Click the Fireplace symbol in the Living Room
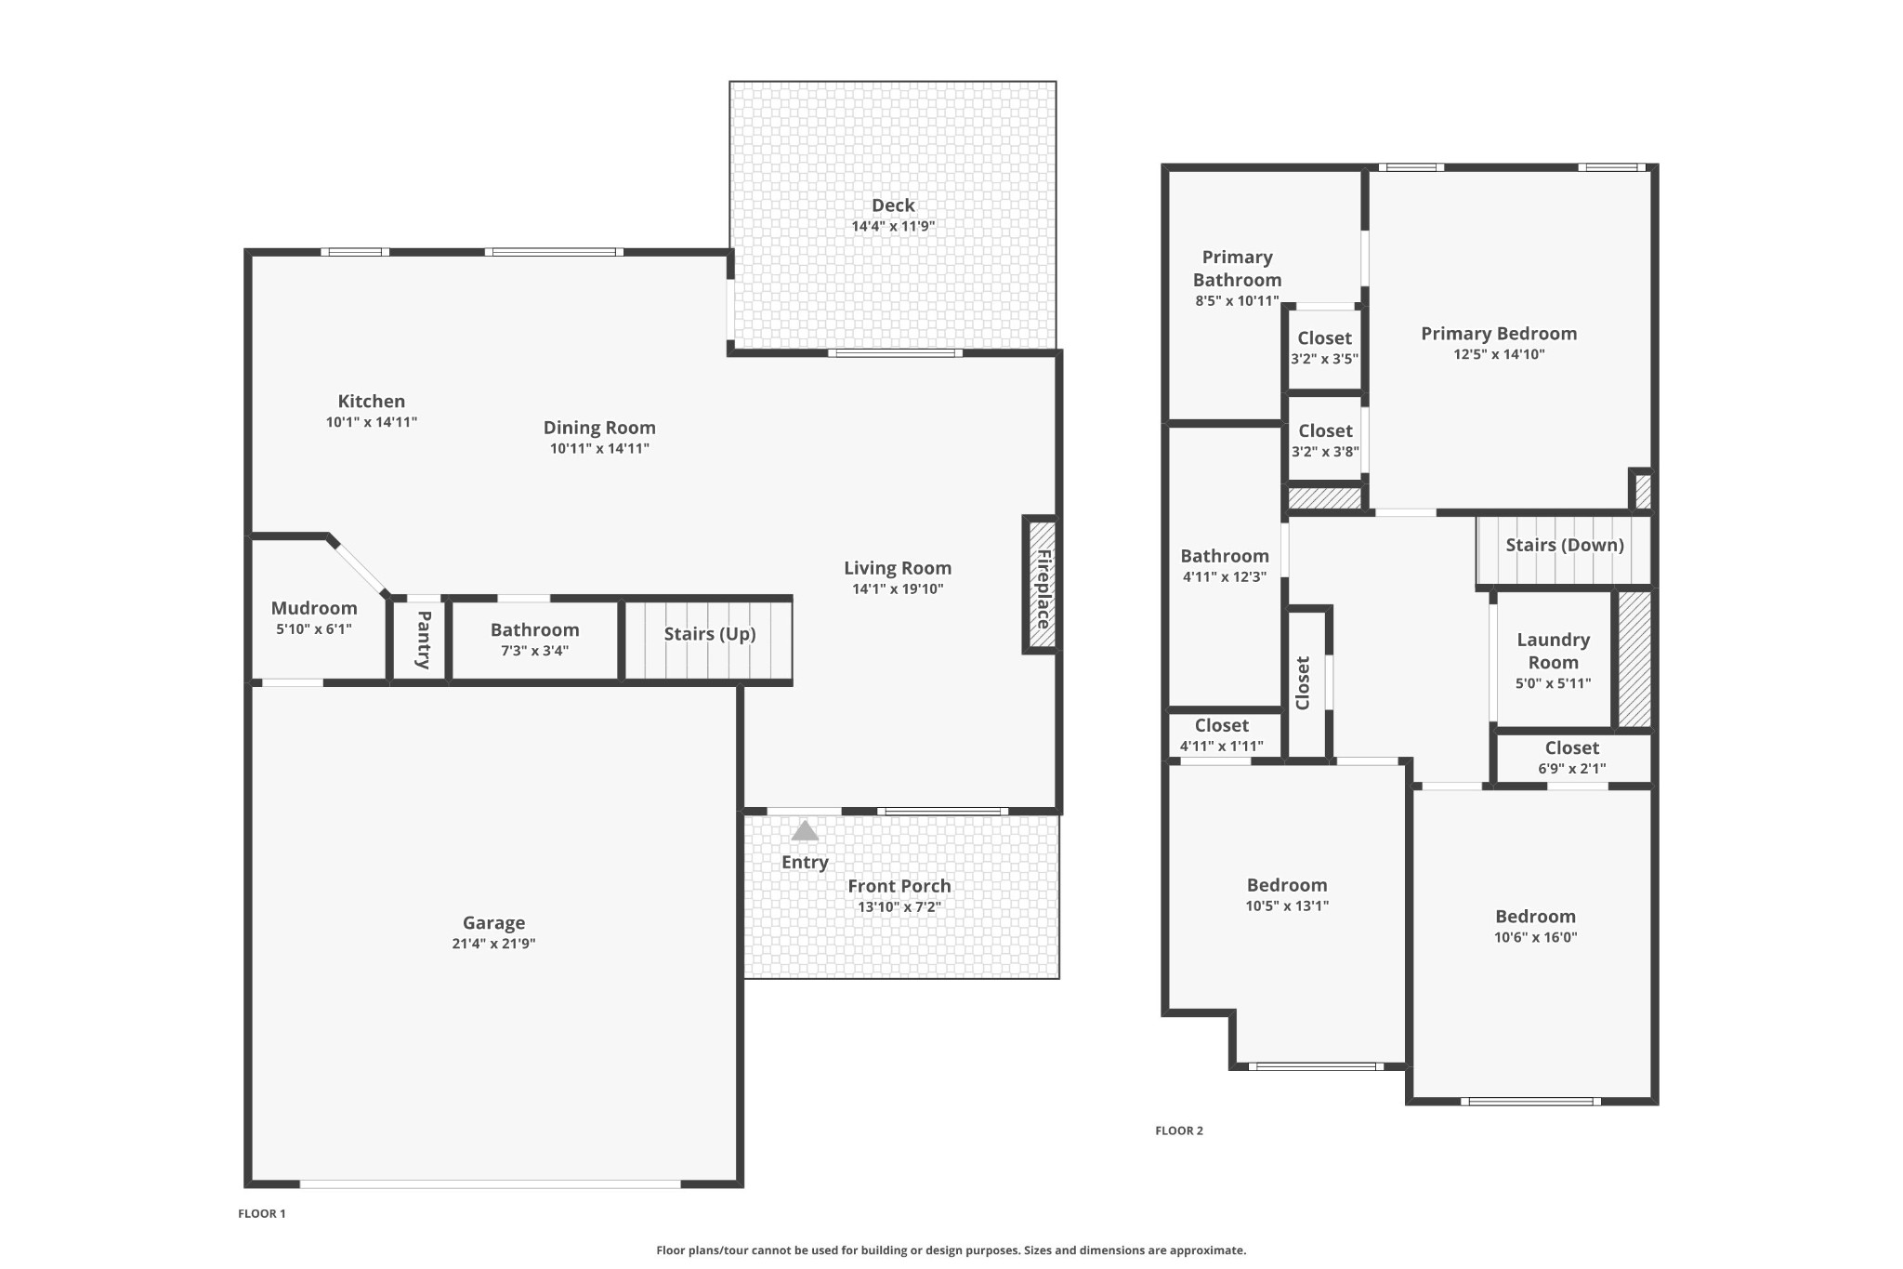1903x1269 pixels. point(1042,585)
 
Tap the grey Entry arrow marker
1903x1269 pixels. point(805,830)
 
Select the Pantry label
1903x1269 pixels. point(424,640)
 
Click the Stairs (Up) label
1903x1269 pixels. point(710,634)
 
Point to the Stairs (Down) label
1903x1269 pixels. point(1565,545)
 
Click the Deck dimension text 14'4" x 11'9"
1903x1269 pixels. point(893,226)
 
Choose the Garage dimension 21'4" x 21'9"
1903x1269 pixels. point(493,944)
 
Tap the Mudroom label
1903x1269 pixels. point(314,608)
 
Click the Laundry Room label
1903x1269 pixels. point(1554,651)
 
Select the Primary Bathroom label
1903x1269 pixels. point(1237,268)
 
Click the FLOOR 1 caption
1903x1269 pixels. point(262,1213)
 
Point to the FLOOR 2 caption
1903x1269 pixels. point(1179,1130)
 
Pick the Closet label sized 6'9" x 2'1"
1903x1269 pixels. point(1572,747)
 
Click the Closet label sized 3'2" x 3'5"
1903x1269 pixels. point(1325,338)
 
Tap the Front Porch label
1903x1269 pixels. point(899,886)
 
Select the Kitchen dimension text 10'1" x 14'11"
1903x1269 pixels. point(372,422)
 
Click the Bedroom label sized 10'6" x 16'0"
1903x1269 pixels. point(1536,917)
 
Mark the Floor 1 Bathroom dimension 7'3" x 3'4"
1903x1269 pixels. point(535,651)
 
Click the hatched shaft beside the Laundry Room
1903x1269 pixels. point(1634,659)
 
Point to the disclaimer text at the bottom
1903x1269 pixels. point(951,1250)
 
